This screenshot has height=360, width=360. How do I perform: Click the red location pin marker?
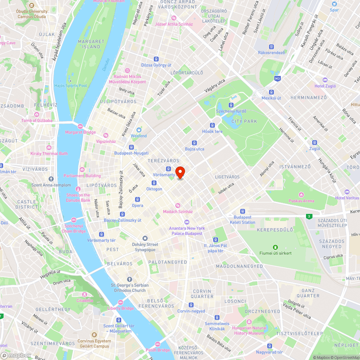point(180,172)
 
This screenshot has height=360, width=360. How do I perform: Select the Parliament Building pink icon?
point(82,170)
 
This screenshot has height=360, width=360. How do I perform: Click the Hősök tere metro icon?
point(212,125)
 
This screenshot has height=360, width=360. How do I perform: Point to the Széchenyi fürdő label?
point(231,111)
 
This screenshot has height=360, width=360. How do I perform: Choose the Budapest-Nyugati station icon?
point(131,147)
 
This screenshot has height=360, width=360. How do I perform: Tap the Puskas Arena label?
point(301,201)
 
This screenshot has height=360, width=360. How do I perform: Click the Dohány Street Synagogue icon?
point(145,238)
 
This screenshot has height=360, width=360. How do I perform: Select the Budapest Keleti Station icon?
point(242,211)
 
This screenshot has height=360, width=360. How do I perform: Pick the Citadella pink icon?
point(85,294)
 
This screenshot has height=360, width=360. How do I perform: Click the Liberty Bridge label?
point(120,308)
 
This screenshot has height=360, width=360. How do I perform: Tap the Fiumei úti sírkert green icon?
point(275,247)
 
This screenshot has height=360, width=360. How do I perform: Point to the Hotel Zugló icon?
point(325,80)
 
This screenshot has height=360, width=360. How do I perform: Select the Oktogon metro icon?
point(154,183)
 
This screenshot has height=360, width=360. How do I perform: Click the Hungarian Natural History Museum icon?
point(249,322)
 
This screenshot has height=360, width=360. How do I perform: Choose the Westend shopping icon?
point(139,130)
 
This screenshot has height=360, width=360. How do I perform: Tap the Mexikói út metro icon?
point(271,92)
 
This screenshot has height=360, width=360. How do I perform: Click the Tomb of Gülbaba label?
point(37,121)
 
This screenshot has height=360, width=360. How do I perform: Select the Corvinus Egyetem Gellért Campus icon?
point(94,335)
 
